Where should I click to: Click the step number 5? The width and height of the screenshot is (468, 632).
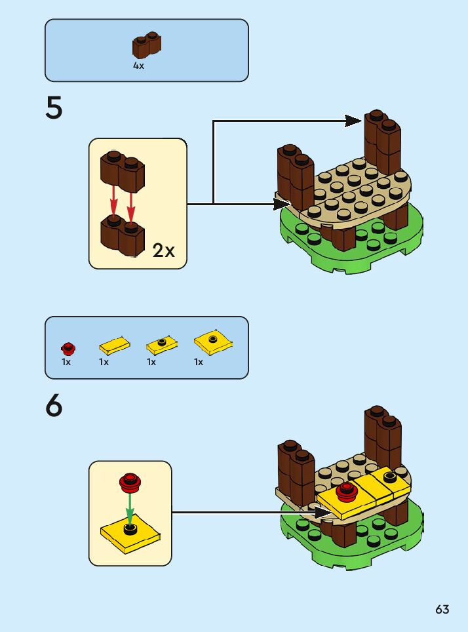pos(54,109)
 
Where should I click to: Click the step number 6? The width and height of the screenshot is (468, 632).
pos(54,406)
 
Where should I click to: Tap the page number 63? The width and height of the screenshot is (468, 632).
pos(442,610)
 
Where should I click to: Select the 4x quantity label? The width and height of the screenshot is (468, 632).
pos(138,66)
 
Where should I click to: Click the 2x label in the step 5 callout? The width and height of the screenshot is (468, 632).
pos(163,250)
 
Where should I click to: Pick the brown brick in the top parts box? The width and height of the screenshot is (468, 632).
pos(147,45)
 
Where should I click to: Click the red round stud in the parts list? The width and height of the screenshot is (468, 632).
pos(68,347)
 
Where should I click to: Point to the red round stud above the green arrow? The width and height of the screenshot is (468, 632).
pos(130,483)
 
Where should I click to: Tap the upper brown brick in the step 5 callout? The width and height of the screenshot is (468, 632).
pos(123,170)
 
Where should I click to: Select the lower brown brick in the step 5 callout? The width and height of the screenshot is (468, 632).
pos(123,236)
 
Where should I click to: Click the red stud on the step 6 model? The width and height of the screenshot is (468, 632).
pos(345,491)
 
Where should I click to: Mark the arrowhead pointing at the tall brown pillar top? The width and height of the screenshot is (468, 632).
pos(354,120)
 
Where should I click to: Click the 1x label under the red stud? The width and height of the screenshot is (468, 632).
pos(66,362)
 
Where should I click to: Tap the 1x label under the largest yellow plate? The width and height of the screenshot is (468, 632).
pos(198,362)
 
